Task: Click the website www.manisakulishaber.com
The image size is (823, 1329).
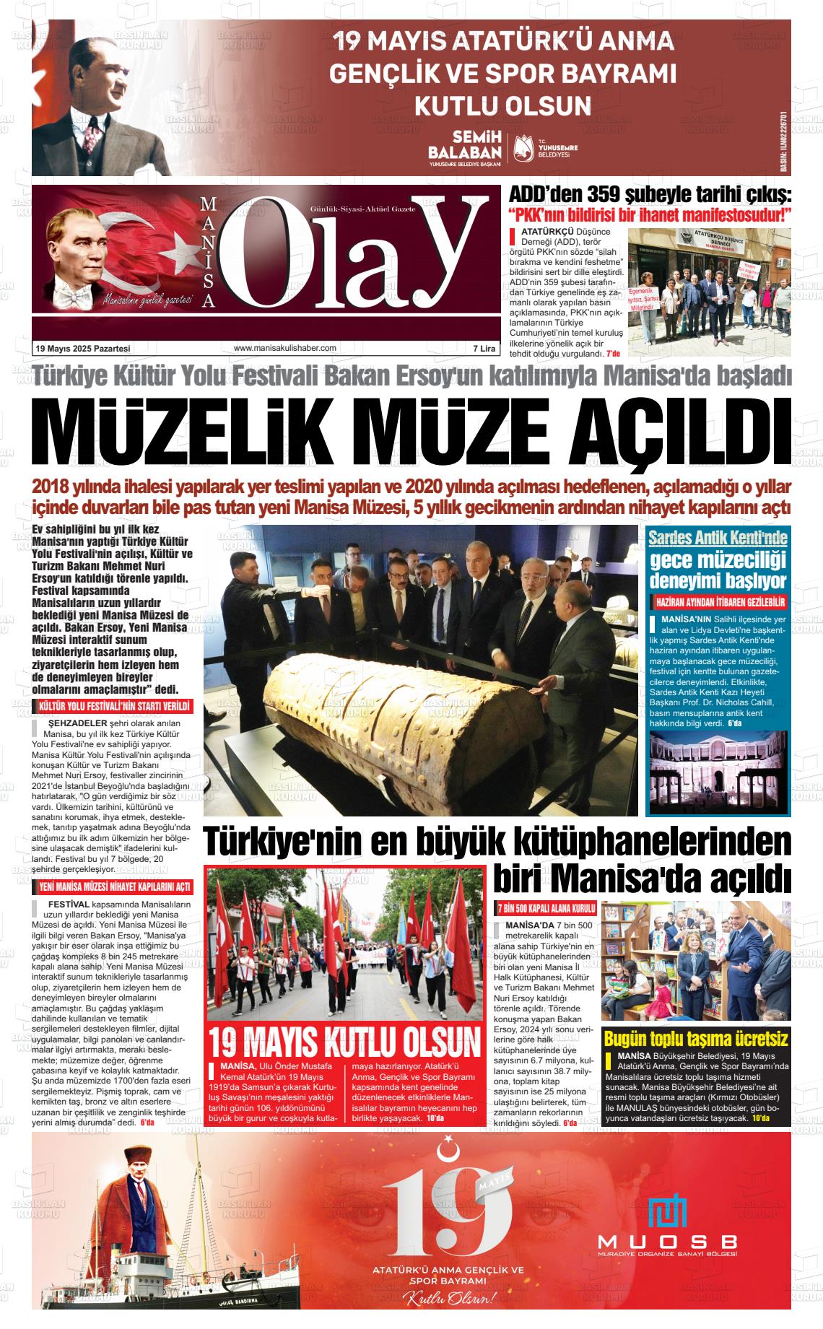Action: click(285, 348)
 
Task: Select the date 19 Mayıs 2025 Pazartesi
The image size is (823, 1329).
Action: click(83, 349)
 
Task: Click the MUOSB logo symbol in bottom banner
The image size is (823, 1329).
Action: click(667, 1212)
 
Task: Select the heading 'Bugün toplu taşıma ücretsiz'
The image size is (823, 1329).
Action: click(695, 1039)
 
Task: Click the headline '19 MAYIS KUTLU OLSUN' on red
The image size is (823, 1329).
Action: click(344, 1042)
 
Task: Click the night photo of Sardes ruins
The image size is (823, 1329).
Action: click(718, 771)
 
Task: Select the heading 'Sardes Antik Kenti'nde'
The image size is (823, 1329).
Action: click(718, 538)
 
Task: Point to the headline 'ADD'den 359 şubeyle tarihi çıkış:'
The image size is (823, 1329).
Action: click(650, 194)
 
